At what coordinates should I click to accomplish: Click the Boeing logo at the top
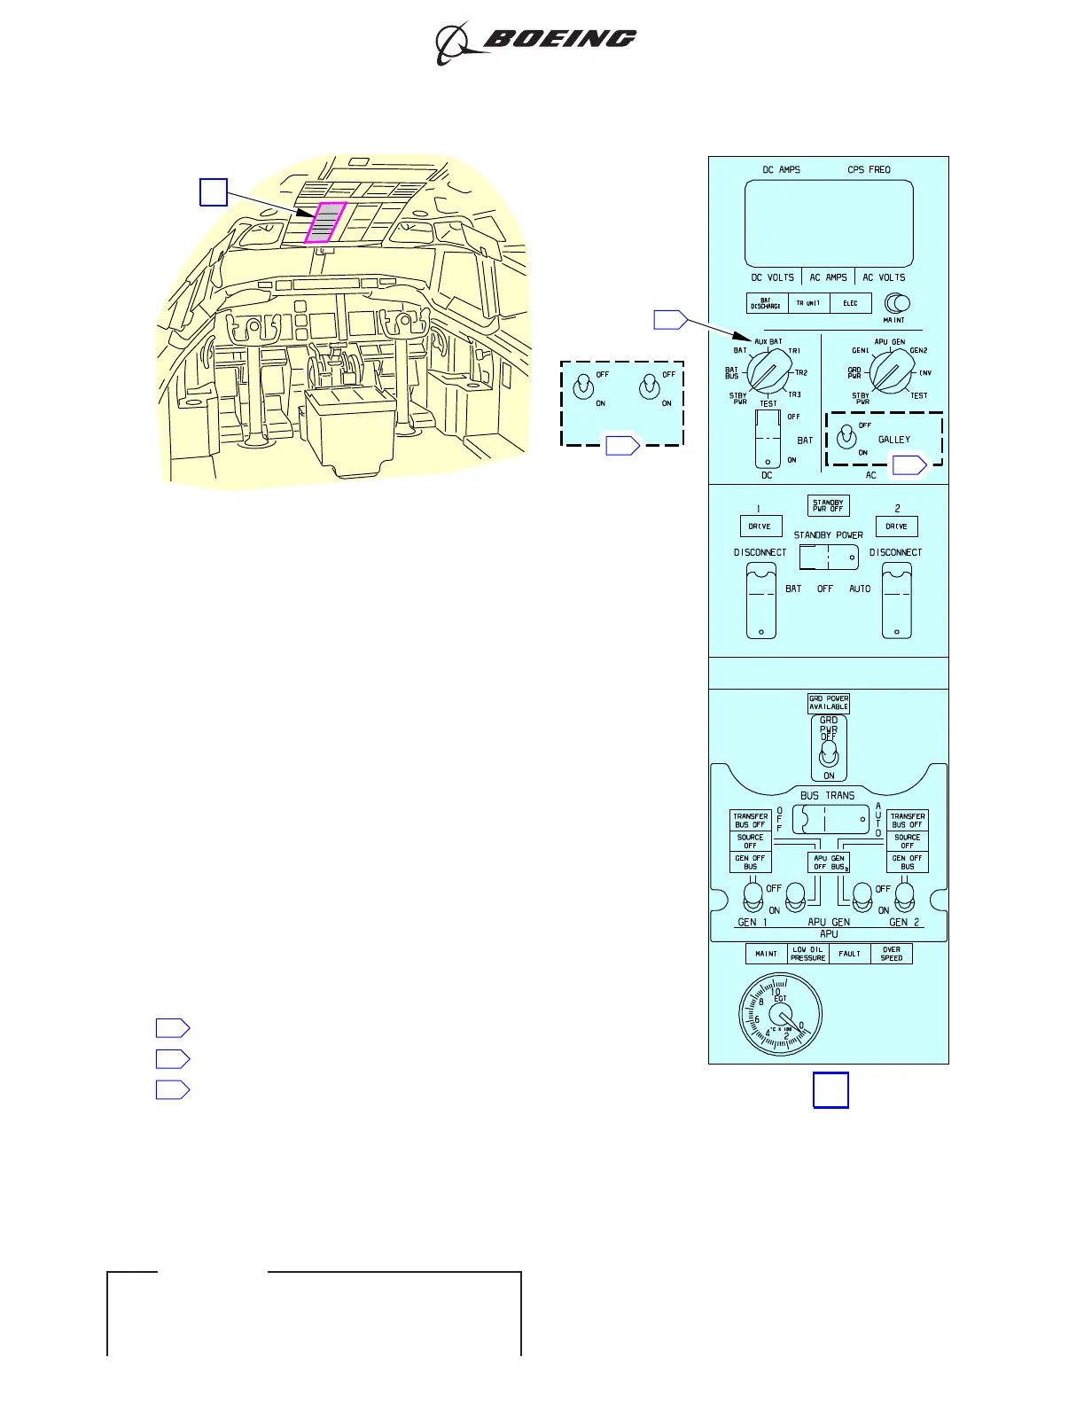click(536, 42)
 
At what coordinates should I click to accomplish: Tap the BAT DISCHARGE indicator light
click(767, 303)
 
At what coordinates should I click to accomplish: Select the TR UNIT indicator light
click(807, 303)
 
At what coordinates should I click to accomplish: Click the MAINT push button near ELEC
click(897, 304)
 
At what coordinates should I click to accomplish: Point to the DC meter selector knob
click(768, 370)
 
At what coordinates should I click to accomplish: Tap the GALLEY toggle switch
click(847, 437)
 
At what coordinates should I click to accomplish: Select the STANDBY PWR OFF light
click(828, 506)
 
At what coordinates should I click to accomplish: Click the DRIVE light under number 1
click(760, 526)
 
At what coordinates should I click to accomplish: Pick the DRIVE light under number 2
click(896, 526)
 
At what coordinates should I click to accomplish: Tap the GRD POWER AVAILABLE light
click(829, 703)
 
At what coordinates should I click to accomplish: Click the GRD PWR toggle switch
click(829, 754)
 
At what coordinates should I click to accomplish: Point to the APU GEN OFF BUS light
click(830, 862)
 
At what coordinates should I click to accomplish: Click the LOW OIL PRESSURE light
click(807, 954)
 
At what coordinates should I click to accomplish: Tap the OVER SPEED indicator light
click(892, 954)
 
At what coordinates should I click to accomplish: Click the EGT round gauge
click(780, 1015)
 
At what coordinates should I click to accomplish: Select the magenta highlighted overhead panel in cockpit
click(325, 222)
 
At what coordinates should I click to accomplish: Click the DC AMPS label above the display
click(781, 169)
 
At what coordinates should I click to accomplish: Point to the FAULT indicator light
click(849, 954)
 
